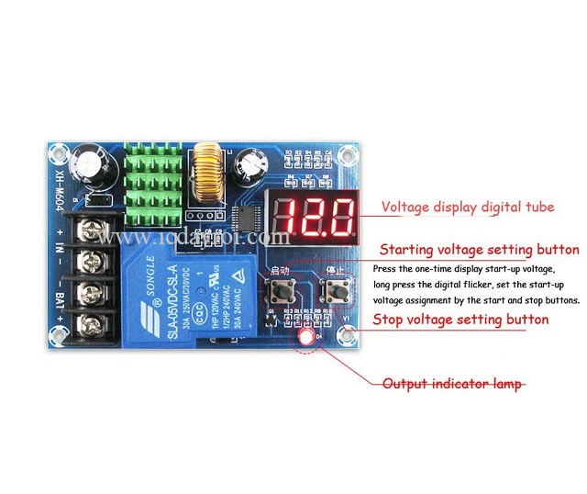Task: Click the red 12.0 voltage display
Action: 316,214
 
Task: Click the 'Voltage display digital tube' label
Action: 468,208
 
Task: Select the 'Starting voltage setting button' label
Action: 479,250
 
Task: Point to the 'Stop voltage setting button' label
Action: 460,320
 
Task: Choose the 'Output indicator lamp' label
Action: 453,384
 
